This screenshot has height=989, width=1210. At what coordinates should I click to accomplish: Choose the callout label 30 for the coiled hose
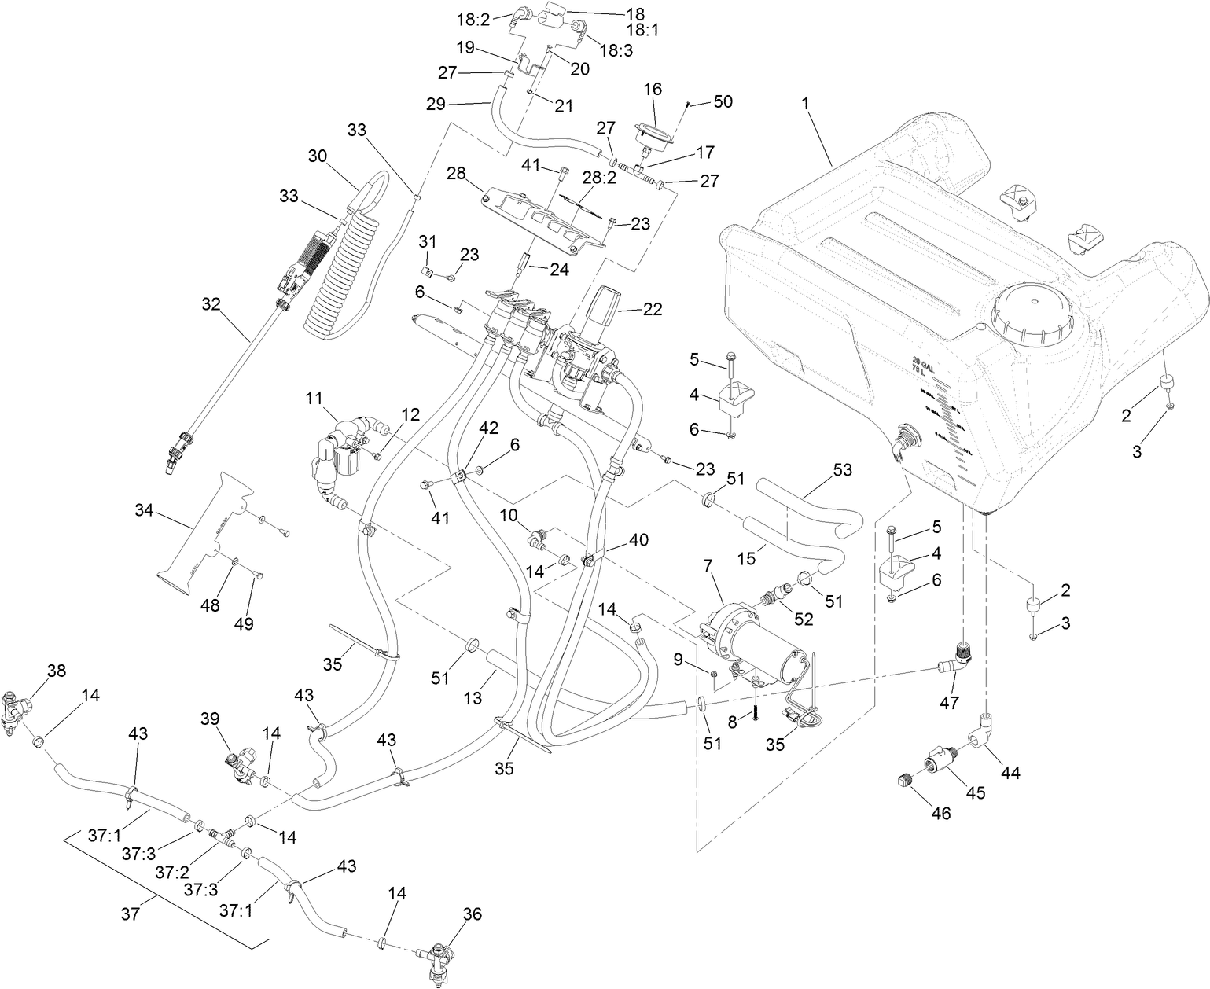[317, 156]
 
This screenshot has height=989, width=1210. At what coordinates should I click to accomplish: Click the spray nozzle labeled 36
[435, 958]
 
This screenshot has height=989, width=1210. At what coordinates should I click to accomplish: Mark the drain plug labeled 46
[903, 781]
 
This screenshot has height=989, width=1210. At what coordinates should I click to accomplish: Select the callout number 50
[722, 102]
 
